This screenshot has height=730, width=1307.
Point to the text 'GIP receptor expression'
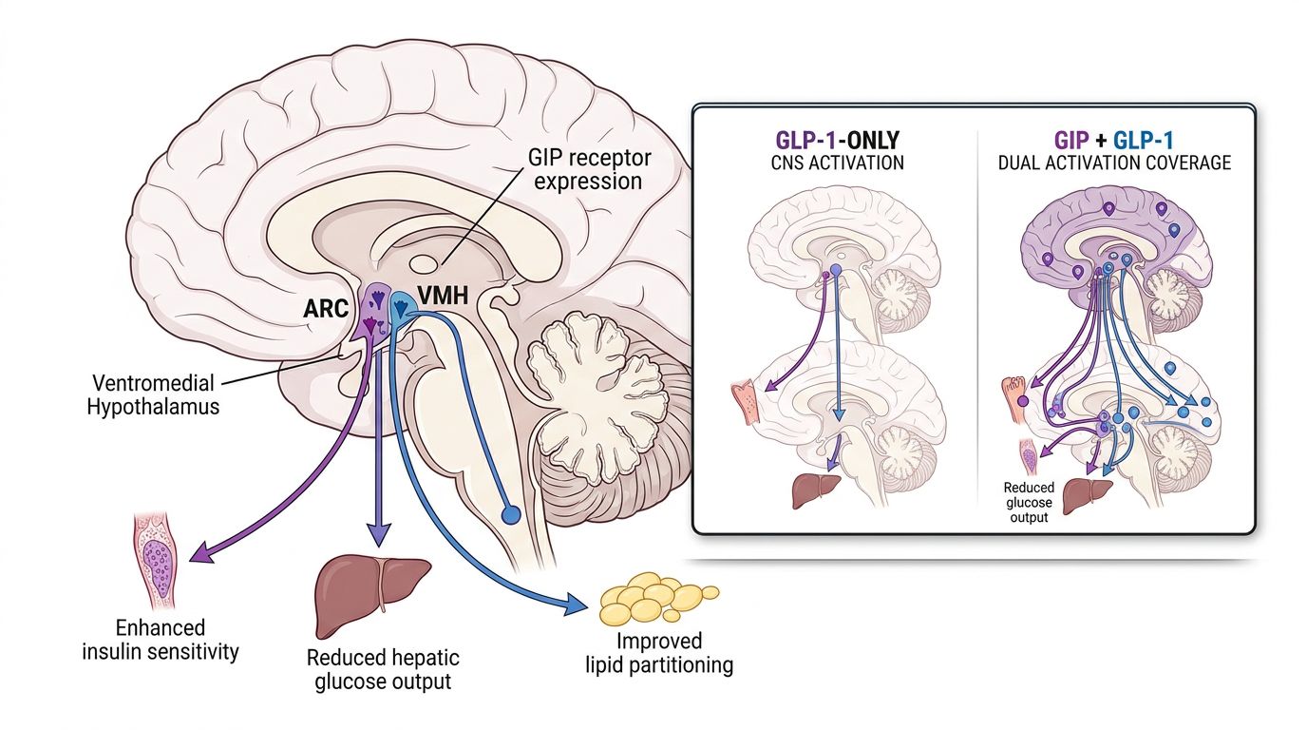pyautogui.click(x=586, y=167)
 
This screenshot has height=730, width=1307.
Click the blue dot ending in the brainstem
pyautogui.click(x=511, y=515)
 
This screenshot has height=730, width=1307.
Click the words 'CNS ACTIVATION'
pyautogui.click(x=837, y=163)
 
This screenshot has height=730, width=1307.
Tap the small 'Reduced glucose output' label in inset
pyautogui.click(x=1029, y=502)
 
